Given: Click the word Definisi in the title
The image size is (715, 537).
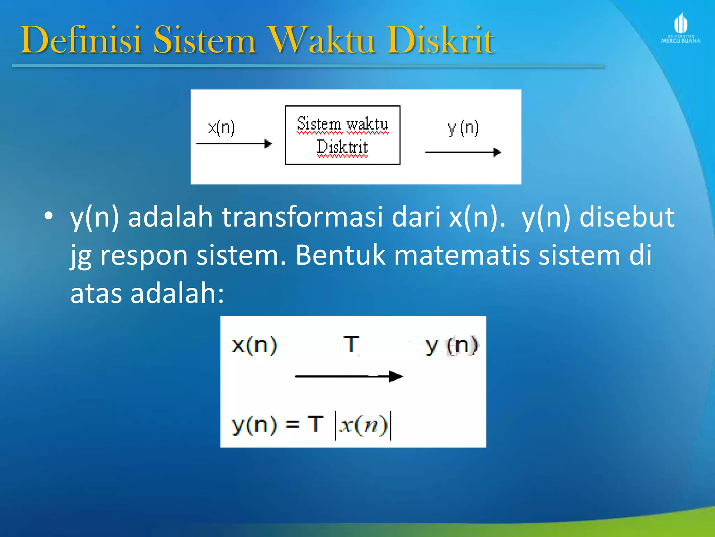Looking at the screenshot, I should click(x=81, y=40).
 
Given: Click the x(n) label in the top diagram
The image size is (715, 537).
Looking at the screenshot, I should click(x=221, y=128).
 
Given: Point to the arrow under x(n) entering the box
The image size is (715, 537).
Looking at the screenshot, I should click(x=234, y=144).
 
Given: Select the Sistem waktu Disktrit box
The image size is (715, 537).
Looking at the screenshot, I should click(x=342, y=135).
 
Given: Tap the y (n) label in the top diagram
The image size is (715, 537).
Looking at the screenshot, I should click(x=463, y=128).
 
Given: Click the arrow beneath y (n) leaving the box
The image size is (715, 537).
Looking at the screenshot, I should click(x=463, y=152).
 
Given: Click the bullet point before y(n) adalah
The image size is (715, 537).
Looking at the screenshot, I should click(x=49, y=216).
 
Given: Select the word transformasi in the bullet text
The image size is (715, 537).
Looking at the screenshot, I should click(x=302, y=217).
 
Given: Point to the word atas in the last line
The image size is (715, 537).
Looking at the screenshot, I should click(x=96, y=293).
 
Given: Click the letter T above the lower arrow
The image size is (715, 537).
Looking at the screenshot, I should click(x=351, y=344).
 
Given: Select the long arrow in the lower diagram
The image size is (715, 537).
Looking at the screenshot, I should click(x=349, y=376).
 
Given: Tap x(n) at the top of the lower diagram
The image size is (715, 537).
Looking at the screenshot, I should click(x=254, y=345).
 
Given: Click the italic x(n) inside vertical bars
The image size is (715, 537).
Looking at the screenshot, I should click(x=363, y=425).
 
